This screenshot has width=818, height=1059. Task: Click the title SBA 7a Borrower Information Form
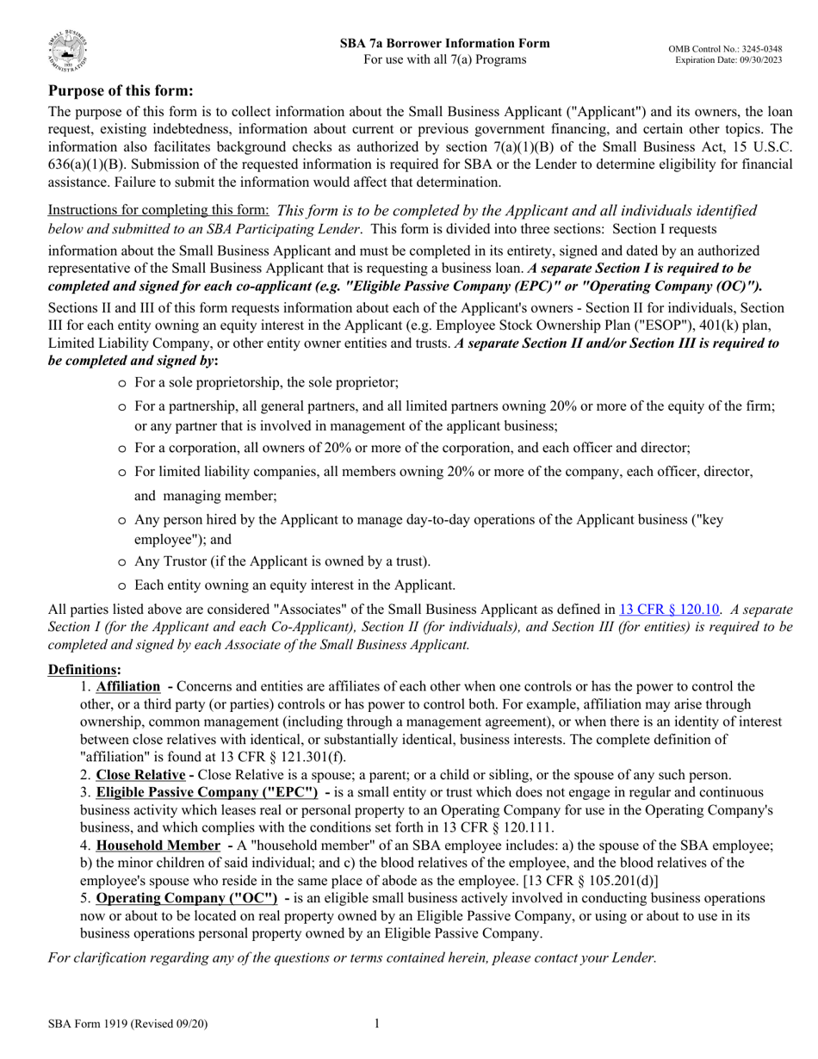click(444, 43)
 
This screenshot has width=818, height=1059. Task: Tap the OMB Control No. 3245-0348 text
click(725, 49)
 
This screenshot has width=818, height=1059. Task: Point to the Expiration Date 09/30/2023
click(728, 60)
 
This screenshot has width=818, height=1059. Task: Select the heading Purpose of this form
click(121, 90)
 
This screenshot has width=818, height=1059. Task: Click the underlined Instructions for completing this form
click(158, 210)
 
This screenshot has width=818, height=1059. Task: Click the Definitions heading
click(84, 669)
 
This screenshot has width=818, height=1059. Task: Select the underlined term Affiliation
click(127, 686)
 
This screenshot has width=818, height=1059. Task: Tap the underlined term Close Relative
click(140, 774)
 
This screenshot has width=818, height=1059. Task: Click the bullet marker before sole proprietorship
click(122, 383)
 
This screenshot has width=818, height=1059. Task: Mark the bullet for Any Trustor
click(122, 561)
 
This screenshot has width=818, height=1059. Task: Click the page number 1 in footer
click(376, 1023)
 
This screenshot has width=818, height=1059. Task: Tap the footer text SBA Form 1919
click(127, 1024)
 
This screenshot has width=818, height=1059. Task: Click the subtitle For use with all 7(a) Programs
click(444, 59)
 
